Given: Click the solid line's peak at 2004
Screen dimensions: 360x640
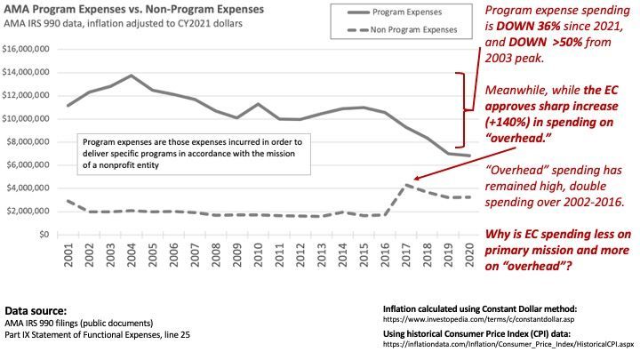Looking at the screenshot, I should (x=132, y=76).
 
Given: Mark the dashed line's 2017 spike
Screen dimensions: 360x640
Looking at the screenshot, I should (x=405, y=184).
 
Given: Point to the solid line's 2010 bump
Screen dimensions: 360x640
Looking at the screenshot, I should (x=258, y=104).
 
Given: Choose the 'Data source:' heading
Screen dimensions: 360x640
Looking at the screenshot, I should (x=36, y=312).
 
